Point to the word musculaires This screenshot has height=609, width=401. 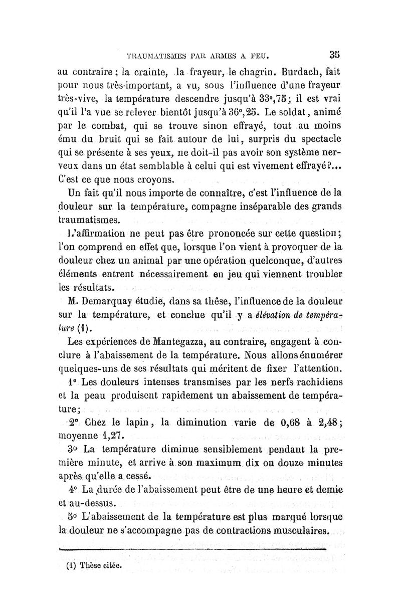tap(297, 530)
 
